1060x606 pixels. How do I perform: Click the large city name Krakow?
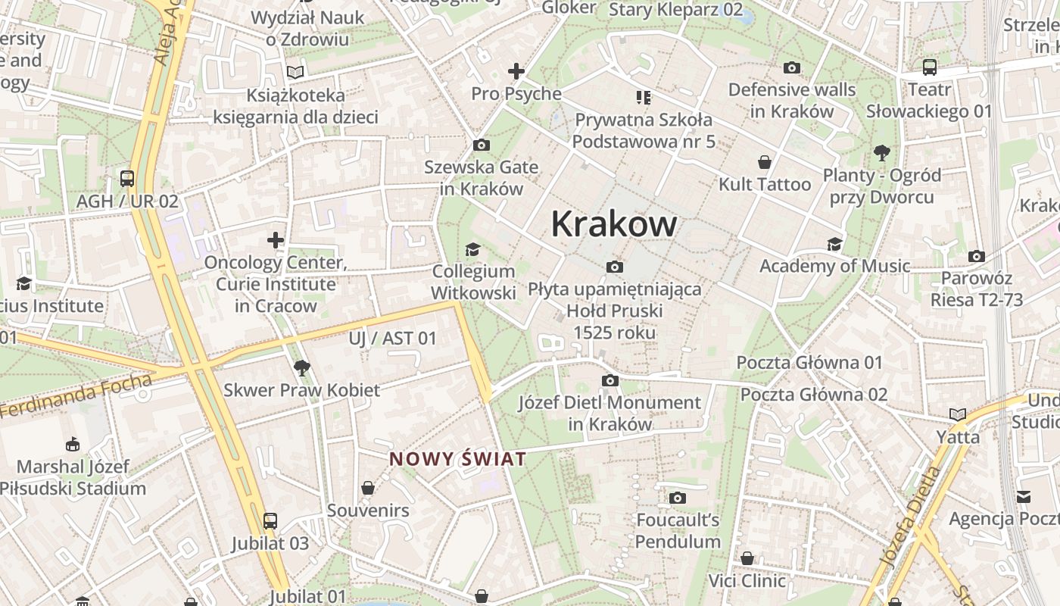click(x=613, y=224)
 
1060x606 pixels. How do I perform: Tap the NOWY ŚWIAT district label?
click(x=457, y=459)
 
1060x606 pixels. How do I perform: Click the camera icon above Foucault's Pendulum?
click(x=678, y=498)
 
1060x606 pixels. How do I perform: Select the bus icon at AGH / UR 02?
click(x=127, y=179)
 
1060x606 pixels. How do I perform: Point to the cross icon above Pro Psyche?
click(x=516, y=72)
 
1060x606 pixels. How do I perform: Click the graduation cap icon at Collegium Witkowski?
click(x=473, y=249)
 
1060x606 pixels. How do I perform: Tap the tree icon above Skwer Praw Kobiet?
click(x=302, y=368)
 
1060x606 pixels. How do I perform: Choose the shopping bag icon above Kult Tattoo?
click(x=765, y=162)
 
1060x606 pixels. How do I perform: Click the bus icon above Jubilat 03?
click(x=270, y=521)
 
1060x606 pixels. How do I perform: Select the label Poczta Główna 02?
click(x=813, y=395)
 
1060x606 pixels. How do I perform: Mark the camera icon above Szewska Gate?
click(x=481, y=145)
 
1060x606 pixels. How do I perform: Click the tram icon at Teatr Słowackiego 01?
click(x=930, y=67)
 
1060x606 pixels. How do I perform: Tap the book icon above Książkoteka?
click(x=295, y=72)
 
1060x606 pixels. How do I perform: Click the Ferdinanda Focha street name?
click(x=76, y=397)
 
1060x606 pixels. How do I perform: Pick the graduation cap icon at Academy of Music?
click(x=835, y=244)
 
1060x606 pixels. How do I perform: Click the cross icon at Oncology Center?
click(x=276, y=241)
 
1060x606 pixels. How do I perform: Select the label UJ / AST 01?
click(x=393, y=339)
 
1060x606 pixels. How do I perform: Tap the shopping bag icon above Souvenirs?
click(x=368, y=488)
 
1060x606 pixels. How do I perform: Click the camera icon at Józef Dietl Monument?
click(x=610, y=380)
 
